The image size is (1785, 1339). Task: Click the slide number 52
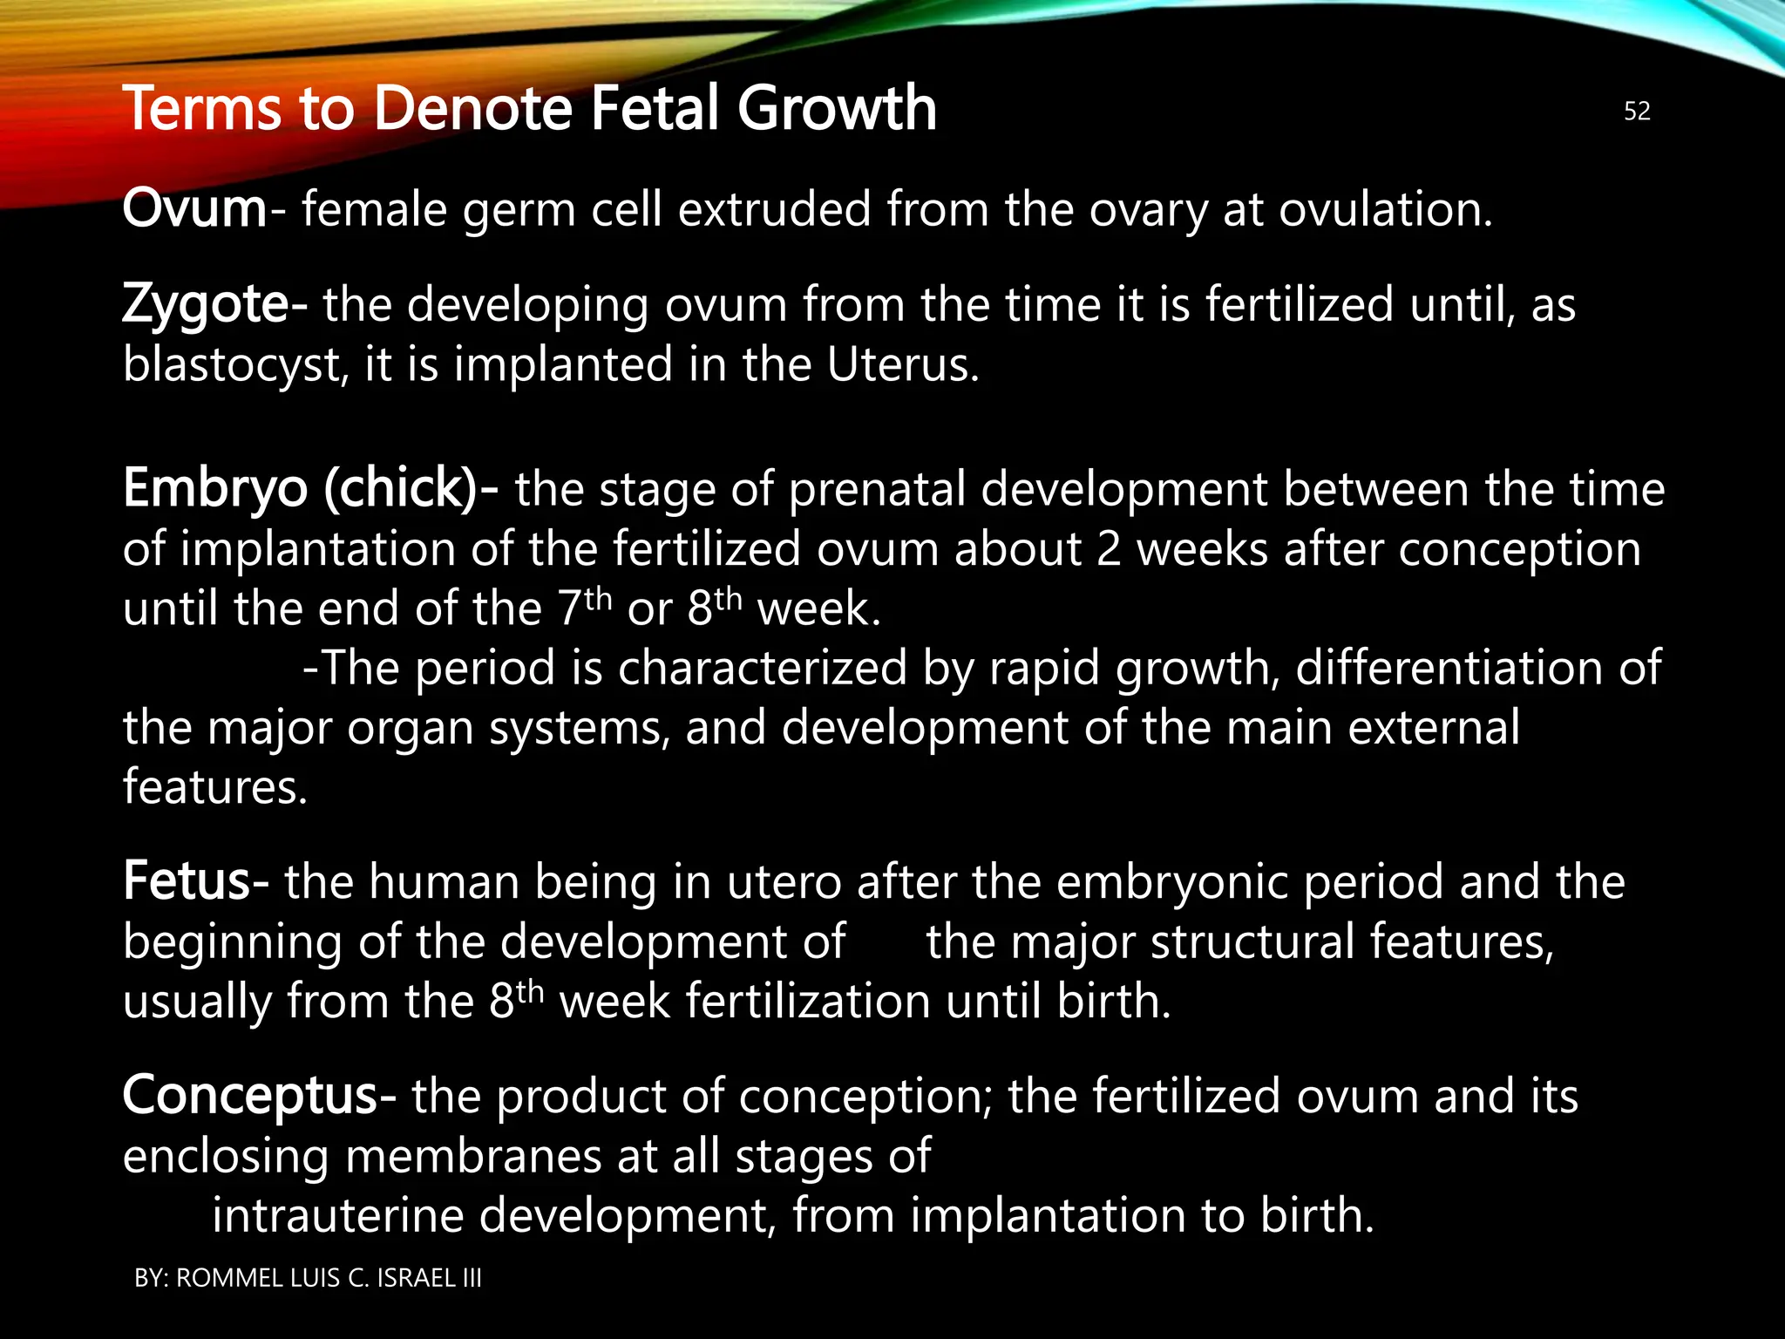[1637, 111]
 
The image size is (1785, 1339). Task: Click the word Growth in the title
[837, 108]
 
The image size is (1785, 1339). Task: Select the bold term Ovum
[194, 209]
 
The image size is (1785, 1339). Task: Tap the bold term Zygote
[206, 304]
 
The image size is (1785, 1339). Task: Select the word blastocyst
[230, 365]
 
